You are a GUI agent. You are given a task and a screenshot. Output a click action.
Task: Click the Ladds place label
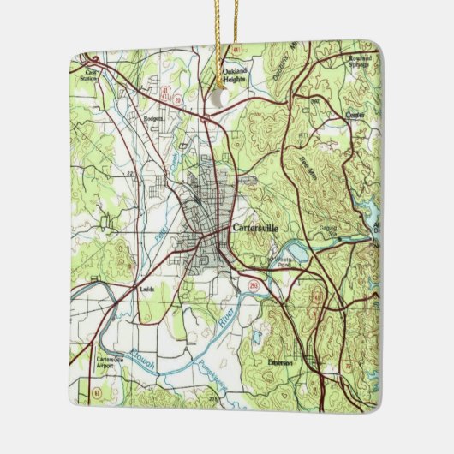[x=146, y=290]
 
